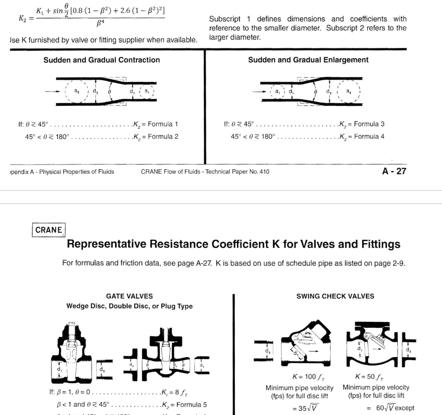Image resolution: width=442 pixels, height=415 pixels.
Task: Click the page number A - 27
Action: coord(394,171)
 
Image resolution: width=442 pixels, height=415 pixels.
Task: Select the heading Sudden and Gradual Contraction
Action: coord(102,60)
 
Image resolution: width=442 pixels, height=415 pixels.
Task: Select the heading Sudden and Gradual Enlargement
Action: coord(308,60)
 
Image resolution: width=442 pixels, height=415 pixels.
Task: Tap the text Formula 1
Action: coord(163,124)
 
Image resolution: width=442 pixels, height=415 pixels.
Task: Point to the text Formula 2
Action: coord(163,137)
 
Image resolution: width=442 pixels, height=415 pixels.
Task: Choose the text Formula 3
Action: coord(369,124)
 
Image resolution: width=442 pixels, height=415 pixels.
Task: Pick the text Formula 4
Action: coord(369,137)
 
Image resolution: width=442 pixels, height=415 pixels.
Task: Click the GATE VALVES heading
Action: coord(129,296)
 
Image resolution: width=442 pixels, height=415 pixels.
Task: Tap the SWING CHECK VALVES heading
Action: coord(335,296)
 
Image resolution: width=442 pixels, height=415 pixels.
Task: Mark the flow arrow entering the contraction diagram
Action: coord(49,92)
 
